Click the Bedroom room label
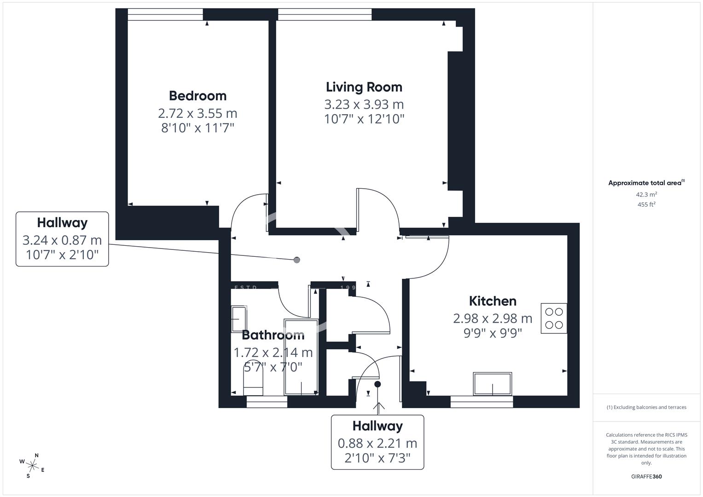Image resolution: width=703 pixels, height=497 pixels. [198, 96]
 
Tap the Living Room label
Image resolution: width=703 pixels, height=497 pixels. [364, 87]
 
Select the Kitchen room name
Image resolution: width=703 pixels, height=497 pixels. [493, 301]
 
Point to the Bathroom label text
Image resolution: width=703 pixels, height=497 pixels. [273, 335]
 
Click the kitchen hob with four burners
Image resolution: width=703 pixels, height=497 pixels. [554, 318]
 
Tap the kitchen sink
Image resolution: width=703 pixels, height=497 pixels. [493, 384]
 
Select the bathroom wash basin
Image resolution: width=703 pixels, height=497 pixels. [239, 319]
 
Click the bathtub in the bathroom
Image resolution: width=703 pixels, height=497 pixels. [301, 357]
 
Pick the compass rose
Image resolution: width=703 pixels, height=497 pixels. [32, 466]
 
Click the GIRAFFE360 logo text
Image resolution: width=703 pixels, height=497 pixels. [646, 477]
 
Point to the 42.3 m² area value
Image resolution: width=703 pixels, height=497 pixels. [646, 195]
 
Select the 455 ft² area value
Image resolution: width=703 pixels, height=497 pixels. [646, 205]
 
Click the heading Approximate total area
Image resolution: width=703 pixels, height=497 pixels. [646, 183]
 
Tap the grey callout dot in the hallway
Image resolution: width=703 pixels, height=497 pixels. [296, 260]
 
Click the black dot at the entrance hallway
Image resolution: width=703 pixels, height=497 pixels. [378, 384]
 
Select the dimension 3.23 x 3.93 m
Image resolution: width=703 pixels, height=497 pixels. [364, 104]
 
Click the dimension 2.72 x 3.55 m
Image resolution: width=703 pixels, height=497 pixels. [198, 113]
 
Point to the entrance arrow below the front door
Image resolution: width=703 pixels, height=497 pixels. [379, 408]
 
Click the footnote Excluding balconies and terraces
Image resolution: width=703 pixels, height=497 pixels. [646, 407]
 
